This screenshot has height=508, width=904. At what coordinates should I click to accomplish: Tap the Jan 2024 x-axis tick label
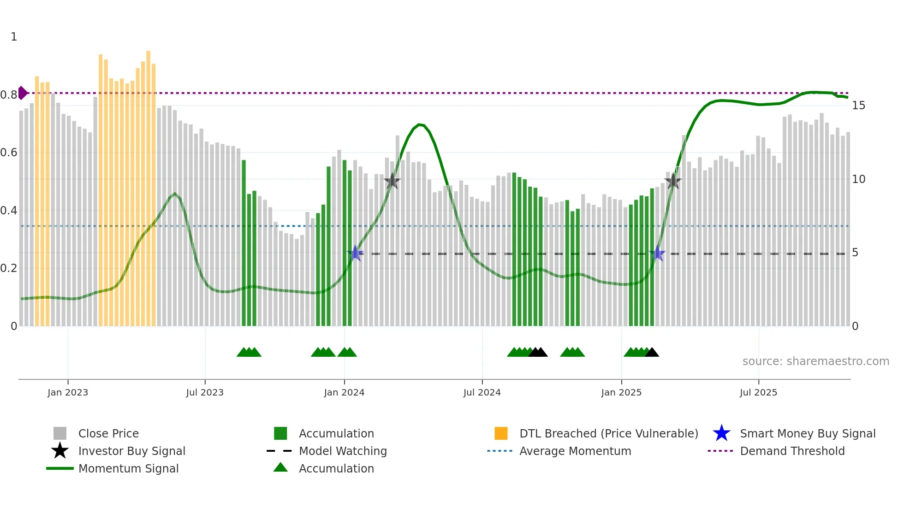[344, 392]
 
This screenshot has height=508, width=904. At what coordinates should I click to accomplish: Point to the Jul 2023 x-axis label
[205, 392]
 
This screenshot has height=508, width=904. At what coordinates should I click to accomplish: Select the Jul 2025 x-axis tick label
[758, 392]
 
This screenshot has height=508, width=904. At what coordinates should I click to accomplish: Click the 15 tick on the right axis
[858, 106]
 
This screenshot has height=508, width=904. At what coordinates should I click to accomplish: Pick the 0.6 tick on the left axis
[9, 153]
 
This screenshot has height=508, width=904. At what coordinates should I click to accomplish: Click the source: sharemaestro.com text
[815, 361]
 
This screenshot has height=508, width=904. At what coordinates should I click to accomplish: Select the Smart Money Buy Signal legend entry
[807, 433]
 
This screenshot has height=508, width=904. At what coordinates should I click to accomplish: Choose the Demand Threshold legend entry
[792, 451]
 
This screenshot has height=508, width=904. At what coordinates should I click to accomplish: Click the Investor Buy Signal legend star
[60, 451]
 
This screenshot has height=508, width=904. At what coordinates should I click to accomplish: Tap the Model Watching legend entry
[342, 451]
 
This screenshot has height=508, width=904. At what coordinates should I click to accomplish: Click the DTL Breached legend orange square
[501, 433]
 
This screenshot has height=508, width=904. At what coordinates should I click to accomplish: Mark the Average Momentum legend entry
[575, 451]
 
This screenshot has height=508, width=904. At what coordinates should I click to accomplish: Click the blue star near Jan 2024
[355, 253]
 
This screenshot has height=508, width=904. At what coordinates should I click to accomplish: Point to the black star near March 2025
[673, 181]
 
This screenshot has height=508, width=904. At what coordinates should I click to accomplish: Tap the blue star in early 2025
[657, 254]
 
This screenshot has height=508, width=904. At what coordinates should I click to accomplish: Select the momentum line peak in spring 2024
[419, 124]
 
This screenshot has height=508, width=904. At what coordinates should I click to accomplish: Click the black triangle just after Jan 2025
[652, 353]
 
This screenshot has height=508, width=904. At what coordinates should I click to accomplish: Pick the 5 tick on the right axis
[855, 253]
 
